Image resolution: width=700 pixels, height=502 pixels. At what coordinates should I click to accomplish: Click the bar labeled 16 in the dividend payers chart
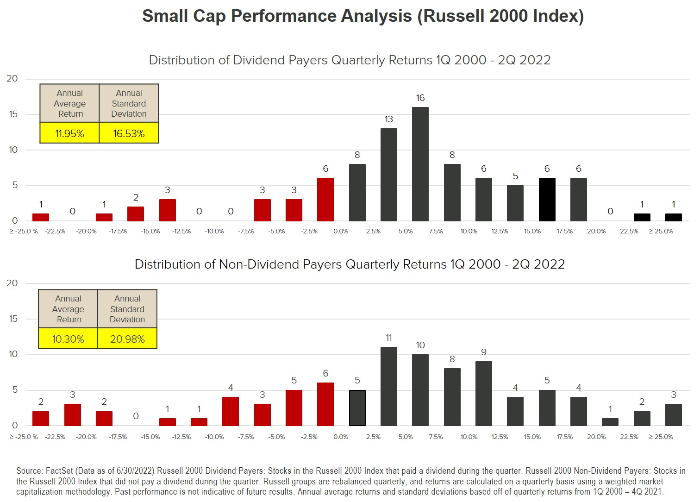(x=420, y=164)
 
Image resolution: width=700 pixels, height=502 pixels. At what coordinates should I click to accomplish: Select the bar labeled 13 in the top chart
(x=388, y=175)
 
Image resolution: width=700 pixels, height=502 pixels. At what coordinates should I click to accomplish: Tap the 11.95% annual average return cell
(x=69, y=133)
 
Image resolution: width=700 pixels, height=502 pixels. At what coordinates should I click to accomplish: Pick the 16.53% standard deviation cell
(x=129, y=133)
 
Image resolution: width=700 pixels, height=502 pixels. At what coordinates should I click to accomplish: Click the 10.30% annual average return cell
(x=68, y=339)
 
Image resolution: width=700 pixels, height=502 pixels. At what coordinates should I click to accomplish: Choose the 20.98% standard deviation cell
(x=127, y=339)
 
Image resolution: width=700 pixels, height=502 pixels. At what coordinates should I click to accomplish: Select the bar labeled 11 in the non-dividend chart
(x=388, y=386)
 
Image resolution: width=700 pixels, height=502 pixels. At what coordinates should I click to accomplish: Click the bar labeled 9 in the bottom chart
(x=483, y=393)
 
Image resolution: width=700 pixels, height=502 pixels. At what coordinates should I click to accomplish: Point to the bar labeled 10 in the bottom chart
(x=420, y=390)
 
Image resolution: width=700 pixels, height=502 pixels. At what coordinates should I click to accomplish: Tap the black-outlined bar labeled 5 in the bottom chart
(x=357, y=408)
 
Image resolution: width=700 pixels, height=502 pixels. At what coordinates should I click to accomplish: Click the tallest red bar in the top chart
(x=325, y=200)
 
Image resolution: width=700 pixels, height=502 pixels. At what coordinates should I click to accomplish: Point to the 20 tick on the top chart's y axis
(x=12, y=79)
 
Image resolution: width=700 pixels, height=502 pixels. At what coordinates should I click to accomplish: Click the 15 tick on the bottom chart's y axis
(x=13, y=319)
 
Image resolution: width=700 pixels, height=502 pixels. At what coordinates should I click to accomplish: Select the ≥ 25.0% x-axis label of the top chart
(x=661, y=231)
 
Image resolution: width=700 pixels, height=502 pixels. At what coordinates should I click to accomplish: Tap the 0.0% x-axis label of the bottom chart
(x=341, y=437)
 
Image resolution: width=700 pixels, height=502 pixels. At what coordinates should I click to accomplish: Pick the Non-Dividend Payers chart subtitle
(x=350, y=264)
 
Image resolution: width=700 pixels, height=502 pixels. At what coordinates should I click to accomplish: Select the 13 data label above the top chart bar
(x=388, y=119)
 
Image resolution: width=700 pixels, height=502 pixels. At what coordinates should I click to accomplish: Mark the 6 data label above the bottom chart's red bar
(x=325, y=373)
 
